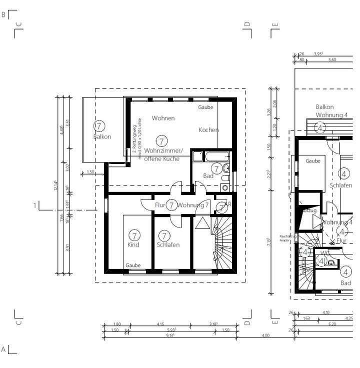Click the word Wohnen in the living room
click(163, 118)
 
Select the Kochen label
click(208, 130)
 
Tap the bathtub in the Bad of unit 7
click(211, 156)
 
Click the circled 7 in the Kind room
click(133, 235)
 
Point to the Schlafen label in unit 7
click(167, 245)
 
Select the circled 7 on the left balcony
click(99, 126)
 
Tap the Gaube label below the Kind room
click(133, 265)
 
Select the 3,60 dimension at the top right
click(332, 59)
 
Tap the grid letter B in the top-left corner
click(3, 15)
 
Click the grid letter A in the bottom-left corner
click(3, 348)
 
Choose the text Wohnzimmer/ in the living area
click(163, 151)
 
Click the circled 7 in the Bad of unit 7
click(216, 168)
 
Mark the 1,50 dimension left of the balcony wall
click(90, 172)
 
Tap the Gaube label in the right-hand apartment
click(313, 161)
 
